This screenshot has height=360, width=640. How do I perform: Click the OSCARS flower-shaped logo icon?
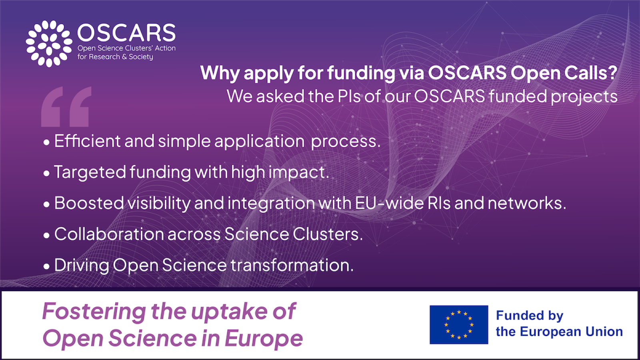coord(49,43)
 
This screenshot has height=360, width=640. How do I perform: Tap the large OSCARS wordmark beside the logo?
coord(126,33)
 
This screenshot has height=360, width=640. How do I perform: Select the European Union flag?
coord(459,324)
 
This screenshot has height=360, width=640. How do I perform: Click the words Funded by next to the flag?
coord(530,316)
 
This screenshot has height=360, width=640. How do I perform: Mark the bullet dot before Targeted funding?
coord(47,173)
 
